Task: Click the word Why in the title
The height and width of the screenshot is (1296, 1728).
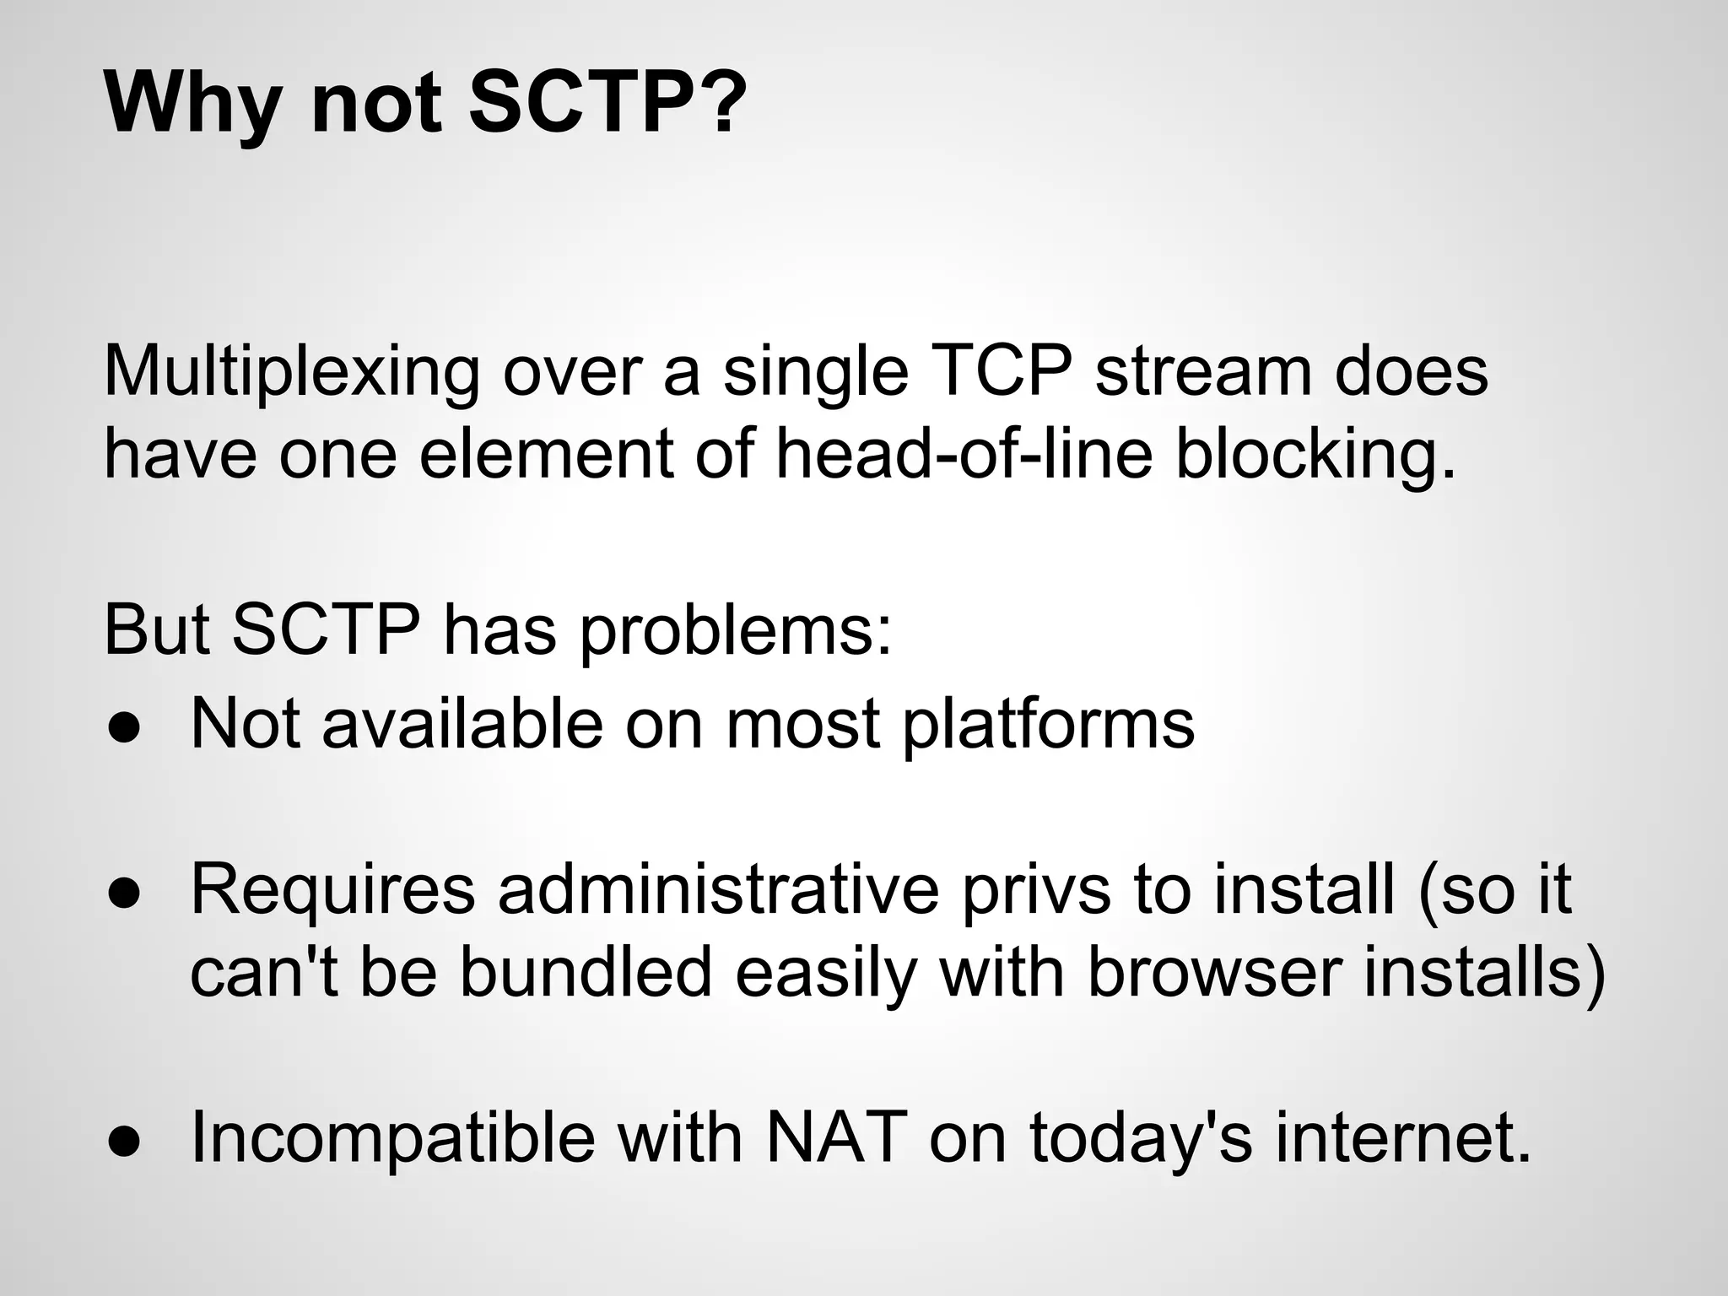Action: pos(192,103)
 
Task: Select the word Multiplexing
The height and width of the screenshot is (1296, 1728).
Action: pos(291,373)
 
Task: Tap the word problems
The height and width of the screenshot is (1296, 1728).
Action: pos(735,631)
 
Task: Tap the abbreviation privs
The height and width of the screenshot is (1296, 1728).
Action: pos(1037,890)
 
